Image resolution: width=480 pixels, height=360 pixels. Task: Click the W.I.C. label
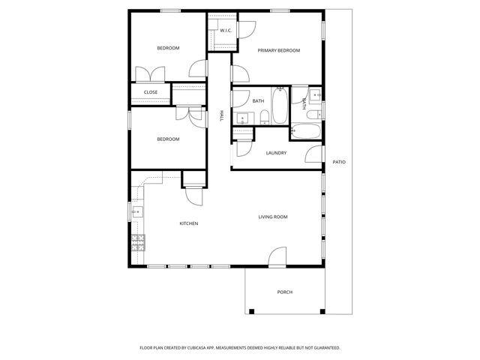[x=225, y=31]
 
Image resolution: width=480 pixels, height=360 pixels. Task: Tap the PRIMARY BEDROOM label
[x=278, y=50]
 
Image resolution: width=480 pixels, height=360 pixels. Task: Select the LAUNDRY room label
[x=276, y=153]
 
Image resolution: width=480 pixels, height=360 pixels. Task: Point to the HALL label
[x=221, y=116]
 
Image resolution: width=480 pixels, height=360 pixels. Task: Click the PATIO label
[x=339, y=162]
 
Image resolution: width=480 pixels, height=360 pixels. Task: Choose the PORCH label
[x=284, y=292]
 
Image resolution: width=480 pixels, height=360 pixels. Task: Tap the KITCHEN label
[x=188, y=223]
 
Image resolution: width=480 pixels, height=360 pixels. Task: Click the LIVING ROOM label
[x=273, y=217]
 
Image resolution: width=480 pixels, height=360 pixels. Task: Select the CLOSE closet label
[x=151, y=93]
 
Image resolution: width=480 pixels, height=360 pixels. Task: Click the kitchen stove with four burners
[x=138, y=241]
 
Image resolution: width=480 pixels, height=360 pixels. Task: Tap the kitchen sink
[x=136, y=212]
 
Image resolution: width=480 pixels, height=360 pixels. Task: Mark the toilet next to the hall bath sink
[x=265, y=116]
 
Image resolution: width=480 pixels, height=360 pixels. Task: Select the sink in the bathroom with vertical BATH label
[x=316, y=95]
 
